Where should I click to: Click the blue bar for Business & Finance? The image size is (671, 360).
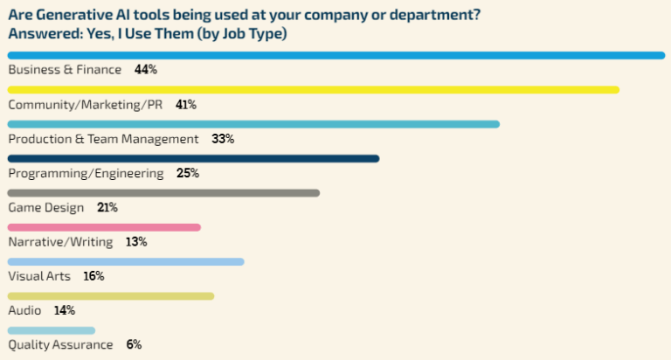point(336,56)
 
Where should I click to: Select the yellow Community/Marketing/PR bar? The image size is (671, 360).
point(313,90)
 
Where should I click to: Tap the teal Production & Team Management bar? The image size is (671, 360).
point(253,124)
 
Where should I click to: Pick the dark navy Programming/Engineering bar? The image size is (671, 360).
point(193,158)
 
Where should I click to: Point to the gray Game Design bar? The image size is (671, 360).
point(163,192)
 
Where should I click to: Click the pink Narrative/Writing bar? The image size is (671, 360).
point(104,227)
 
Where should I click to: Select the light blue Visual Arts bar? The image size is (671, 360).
point(126,261)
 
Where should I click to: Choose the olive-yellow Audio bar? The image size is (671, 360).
point(110,296)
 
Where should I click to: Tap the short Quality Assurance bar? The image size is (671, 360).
point(51,330)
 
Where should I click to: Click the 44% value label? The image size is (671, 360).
point(145,70)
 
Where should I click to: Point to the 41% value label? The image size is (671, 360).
point(185,105)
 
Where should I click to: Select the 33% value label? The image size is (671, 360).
point(223,139)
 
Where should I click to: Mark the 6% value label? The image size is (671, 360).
point(134,344)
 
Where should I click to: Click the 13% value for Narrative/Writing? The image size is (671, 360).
point(135,242)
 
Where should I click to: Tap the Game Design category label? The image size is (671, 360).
point(46,208)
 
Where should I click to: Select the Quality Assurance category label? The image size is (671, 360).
point(60,344)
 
